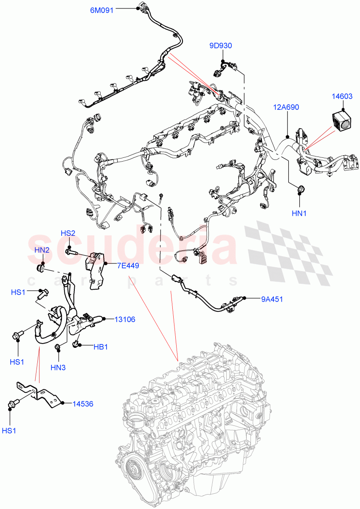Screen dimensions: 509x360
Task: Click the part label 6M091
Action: tap(101, 11)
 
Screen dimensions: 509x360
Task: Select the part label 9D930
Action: tap(220, 46)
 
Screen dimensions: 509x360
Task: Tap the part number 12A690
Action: tap(286, 107)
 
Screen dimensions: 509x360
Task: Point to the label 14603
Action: tap(342, 97)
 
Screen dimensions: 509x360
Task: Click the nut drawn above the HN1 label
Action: tap(300, 189)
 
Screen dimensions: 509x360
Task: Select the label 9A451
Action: tap(272, 299)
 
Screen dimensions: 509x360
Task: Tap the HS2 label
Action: tap(68, 233)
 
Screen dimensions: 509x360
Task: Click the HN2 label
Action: tap(42, 250)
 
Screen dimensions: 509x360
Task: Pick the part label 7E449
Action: tap(128, 266)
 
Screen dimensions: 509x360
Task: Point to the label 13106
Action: tap(124, 319)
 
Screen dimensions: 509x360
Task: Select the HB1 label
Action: tap(100, 347)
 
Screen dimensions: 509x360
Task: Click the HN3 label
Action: tap(58, 368)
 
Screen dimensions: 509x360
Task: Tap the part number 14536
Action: tap(82, 404)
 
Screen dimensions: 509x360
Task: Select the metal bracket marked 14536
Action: tap(40, 393)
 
